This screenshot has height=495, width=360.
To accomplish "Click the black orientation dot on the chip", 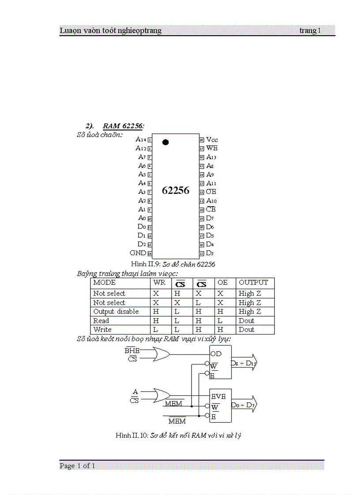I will click(165, 142).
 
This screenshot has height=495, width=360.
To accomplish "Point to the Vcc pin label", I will click(212, 139).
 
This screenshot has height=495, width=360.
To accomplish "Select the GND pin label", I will click(138, 253).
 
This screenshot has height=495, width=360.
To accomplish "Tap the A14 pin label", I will click(141, 139).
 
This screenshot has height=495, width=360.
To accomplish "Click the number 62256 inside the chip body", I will click(176, 190).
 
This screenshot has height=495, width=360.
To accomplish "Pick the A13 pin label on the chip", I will click(211, 157).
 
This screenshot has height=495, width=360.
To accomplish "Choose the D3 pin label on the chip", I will click(210, 253).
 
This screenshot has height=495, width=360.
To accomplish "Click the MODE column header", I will click(105, 283).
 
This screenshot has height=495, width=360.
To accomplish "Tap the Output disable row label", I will click(116, 312).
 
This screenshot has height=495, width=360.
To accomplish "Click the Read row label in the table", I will click(101, 321).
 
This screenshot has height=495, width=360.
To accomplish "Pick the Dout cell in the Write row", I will click(247, 330).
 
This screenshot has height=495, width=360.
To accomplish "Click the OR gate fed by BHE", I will click(161, 354).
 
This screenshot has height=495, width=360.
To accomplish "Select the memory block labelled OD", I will click(220, 362).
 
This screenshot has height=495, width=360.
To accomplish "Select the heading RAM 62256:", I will click(124, 126).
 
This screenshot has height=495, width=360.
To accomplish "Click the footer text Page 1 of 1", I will click(78, 466).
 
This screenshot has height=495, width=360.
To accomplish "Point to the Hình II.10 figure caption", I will click(178, 435).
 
